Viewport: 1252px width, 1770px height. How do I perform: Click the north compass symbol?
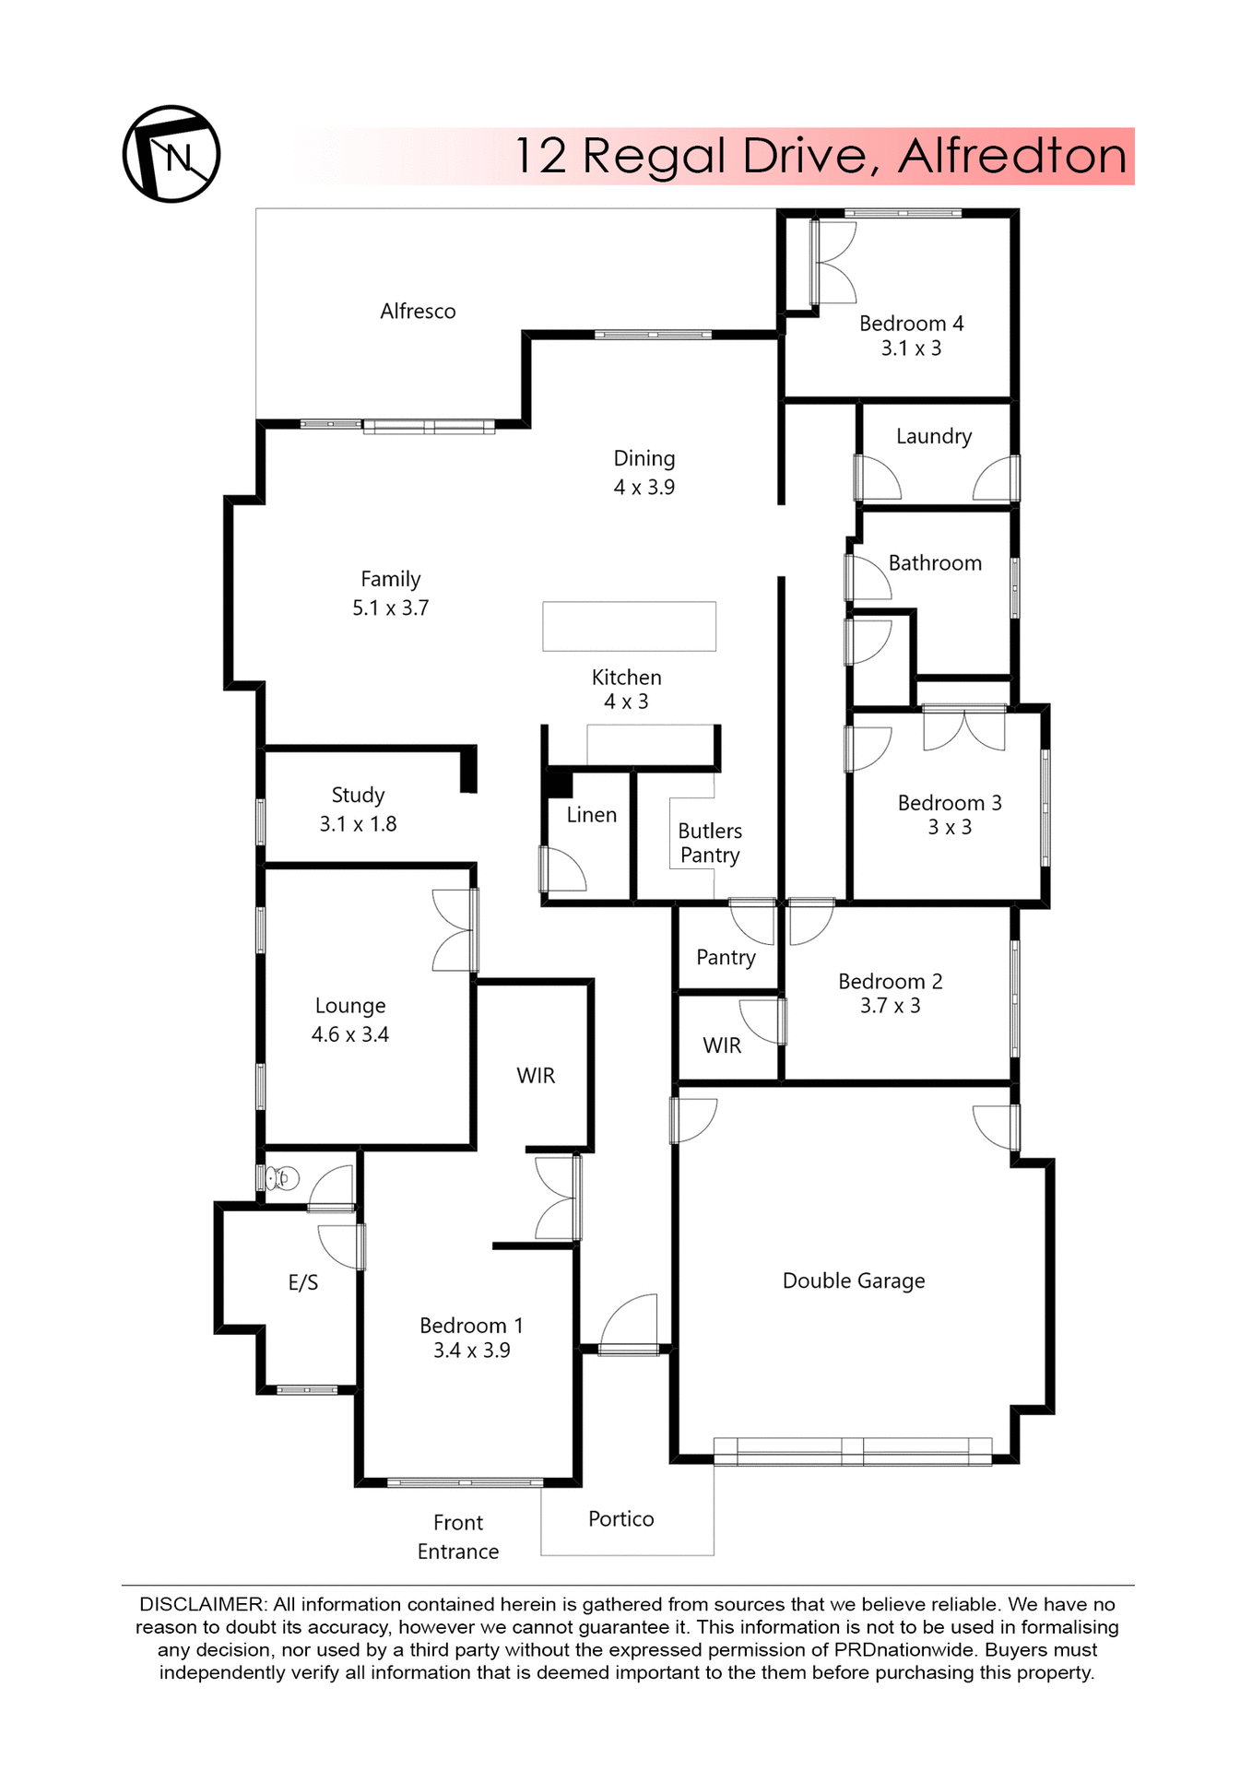(x=171, y=154)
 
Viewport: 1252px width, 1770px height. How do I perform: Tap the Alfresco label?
(x=418, y=312)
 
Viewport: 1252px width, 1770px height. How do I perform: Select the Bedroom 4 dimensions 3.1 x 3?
(x=911, y=348)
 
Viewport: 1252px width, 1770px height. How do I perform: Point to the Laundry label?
(x=934, y=436)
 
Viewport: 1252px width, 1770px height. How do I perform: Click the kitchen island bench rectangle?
(x=629, y=626)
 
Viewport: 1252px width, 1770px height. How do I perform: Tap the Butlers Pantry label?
(x=710, y=843)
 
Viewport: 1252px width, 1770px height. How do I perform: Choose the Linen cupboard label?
(x=591, y=815)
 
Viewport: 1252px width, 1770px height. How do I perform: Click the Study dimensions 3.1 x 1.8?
(x=358, y=824)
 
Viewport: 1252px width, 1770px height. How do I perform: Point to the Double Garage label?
(x=854, y=1280)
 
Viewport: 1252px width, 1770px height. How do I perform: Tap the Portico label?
(x=621, y=1519)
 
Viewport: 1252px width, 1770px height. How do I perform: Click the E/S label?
(x=303, y=1282)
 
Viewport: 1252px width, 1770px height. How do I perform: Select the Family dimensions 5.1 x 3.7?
(x=390, y=608)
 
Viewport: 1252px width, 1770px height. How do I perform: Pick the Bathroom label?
(x=935, y=563)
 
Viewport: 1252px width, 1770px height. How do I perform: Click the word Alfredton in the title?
(x=1012, y=156)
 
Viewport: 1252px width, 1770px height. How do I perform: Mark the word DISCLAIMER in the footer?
(x=201, y=1604)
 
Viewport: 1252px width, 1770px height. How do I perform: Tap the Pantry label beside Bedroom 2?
(x=726, y=958)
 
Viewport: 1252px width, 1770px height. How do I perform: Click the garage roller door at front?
(x=853, y=1451)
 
